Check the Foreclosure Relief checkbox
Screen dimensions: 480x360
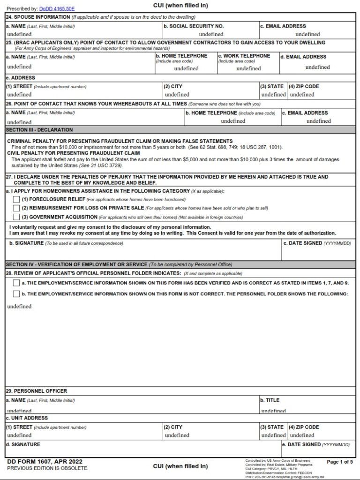[16, 199]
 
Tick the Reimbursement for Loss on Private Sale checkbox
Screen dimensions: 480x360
[16, 208]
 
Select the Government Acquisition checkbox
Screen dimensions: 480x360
[16, 217]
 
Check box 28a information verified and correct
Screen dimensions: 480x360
[16, 283]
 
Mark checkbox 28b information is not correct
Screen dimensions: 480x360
[16, 294]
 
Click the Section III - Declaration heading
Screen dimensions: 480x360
[39, 130]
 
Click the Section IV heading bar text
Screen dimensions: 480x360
[76, 265]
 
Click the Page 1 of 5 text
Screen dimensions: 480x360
[340, 462]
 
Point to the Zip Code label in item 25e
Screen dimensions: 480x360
[306, 86]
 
